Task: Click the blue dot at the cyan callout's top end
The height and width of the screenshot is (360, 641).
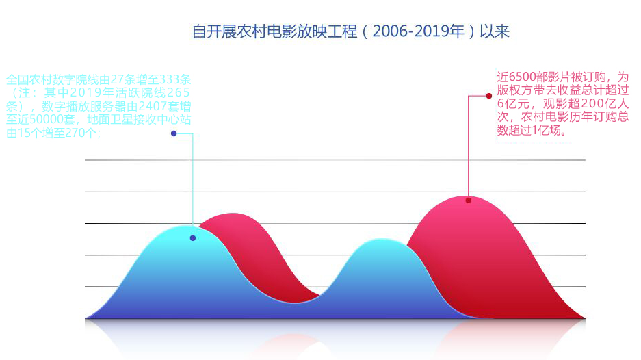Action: click(174, 133)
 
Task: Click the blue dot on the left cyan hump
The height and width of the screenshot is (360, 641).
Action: click(193, 238)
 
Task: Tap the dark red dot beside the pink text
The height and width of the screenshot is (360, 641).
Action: click(489, 96)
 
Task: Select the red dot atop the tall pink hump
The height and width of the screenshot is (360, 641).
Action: click(469, 201)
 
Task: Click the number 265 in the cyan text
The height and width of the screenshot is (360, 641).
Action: click(179, 93)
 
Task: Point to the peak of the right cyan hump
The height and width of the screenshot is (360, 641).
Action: click(382, 240)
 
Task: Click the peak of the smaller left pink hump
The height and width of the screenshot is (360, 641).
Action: click(232, 214)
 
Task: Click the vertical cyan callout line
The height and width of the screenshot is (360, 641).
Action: click(192, 180)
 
